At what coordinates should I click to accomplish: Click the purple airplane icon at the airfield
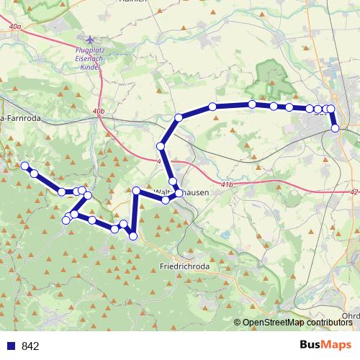click(89, 40)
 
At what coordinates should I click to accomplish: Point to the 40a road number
click(16, 26)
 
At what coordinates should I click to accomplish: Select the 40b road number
click(99, 112)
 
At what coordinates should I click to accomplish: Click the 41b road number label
click(228, 185)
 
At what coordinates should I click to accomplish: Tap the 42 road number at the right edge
click(353, 193)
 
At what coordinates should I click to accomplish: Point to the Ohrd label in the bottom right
click(351, 315)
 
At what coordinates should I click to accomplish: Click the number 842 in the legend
click(30, 346)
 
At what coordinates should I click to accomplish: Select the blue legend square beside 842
click(10, 346)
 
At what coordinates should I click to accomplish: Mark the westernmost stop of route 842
click(24, 166)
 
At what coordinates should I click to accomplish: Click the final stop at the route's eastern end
click(335, 128)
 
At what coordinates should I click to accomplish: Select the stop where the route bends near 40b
click(179, 117)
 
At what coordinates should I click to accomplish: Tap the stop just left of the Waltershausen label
click(136, 190)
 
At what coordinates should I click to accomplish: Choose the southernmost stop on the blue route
click(132, 235)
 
